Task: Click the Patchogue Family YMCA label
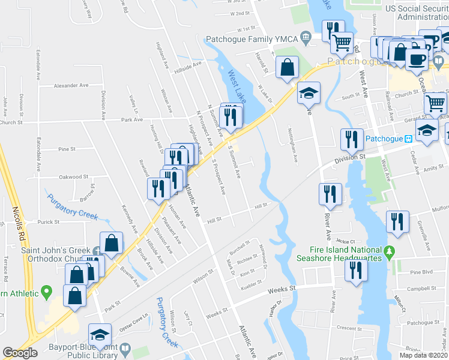coord(252,39)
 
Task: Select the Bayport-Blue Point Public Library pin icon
coord(125,349)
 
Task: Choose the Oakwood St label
coord(73,177)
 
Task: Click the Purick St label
coord(46,222)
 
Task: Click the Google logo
coord(20,353)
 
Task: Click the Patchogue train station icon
coord(408,138)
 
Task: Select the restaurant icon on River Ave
coord(330,193)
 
